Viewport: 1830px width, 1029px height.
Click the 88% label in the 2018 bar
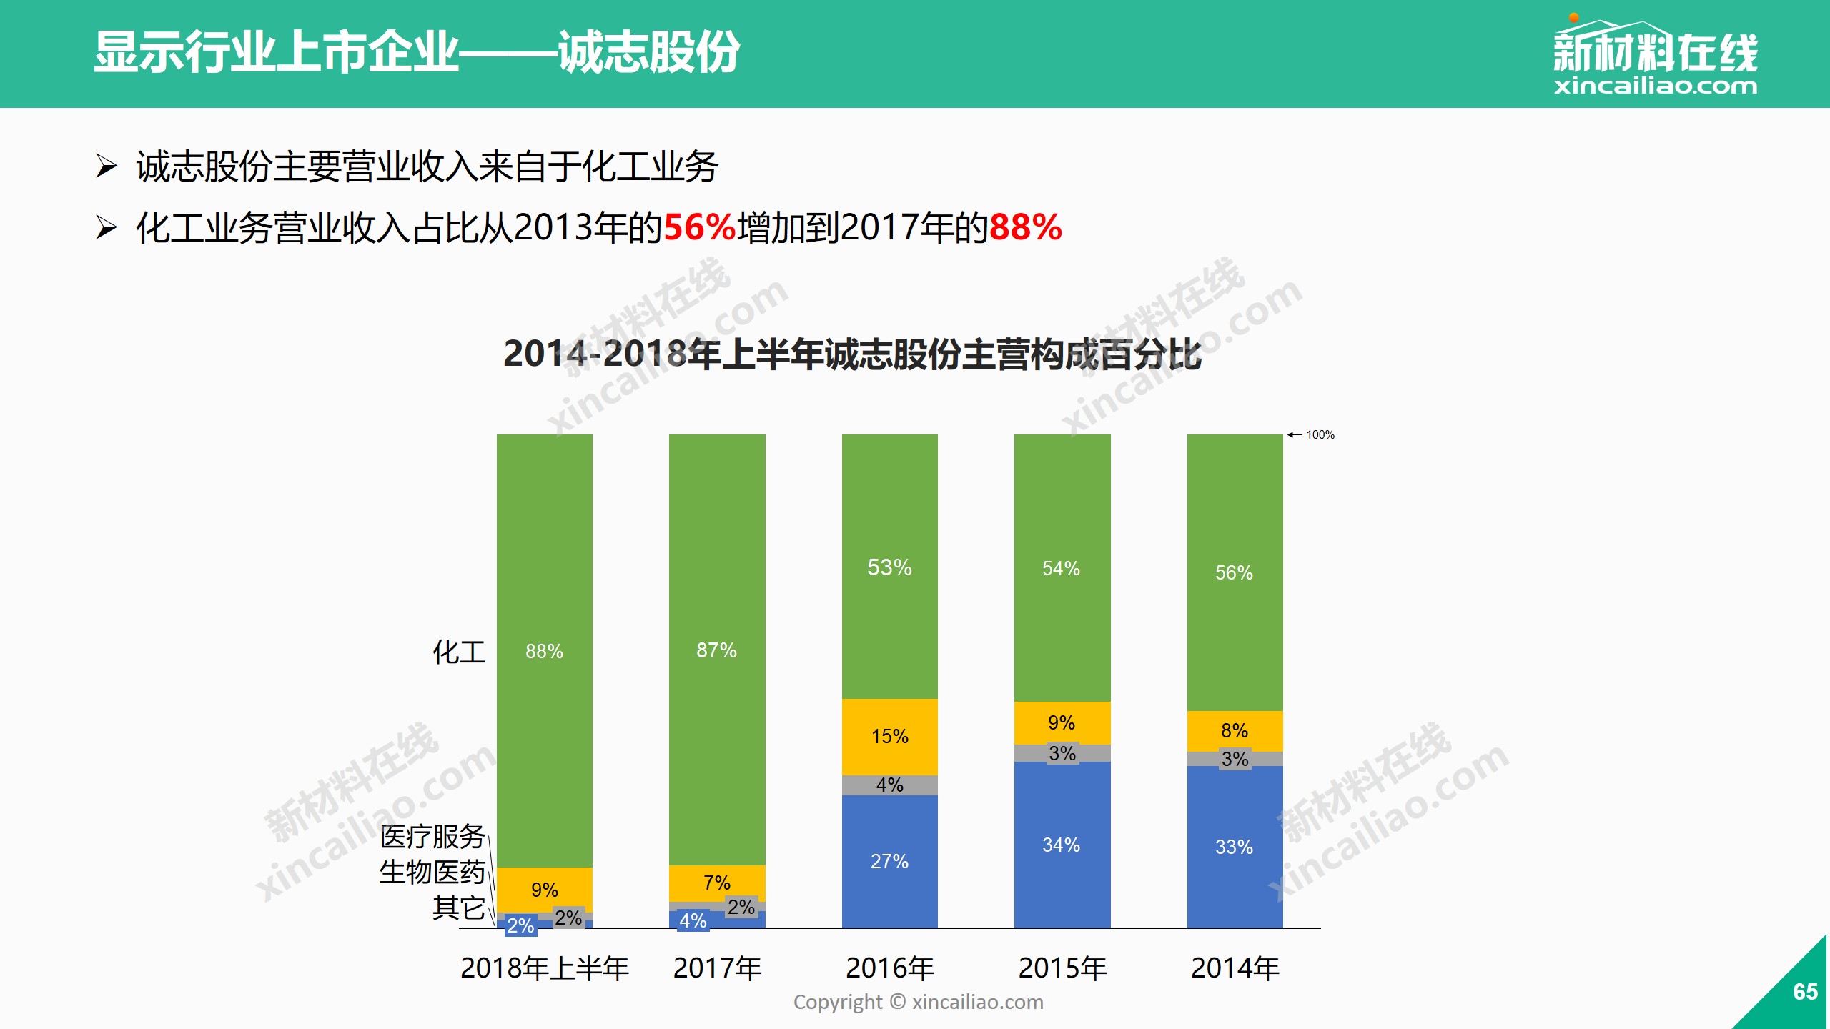point(544,651)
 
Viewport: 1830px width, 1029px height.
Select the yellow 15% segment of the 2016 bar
point(889,736)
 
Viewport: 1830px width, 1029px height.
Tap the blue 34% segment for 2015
point(1062,845)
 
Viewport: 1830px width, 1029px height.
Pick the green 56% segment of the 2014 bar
point(1235,572)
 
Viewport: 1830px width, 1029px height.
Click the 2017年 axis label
point(717,968)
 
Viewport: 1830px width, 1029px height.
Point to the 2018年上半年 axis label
point(544,968)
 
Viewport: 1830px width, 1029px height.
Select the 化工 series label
point(459,652)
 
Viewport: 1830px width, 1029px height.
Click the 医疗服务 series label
point(432,836)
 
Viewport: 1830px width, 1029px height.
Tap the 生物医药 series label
point(432,872)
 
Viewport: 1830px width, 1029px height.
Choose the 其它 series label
point(459,908)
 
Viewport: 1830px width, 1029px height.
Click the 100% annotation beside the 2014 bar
point(1320,434)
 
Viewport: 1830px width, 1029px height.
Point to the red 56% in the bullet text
point(700,227)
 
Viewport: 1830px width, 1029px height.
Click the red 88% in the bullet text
point(1026,227)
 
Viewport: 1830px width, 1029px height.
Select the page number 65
point(1805,992)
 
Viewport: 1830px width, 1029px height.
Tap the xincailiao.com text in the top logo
point(1655,86)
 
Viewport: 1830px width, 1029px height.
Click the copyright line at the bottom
point(918,1002)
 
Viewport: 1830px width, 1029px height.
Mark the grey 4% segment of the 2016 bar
point(889,785)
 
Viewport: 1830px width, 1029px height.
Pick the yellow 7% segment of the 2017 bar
point(717,883)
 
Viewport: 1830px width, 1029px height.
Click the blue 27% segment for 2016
point(889,861)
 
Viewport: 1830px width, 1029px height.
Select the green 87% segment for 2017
point(717,650)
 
